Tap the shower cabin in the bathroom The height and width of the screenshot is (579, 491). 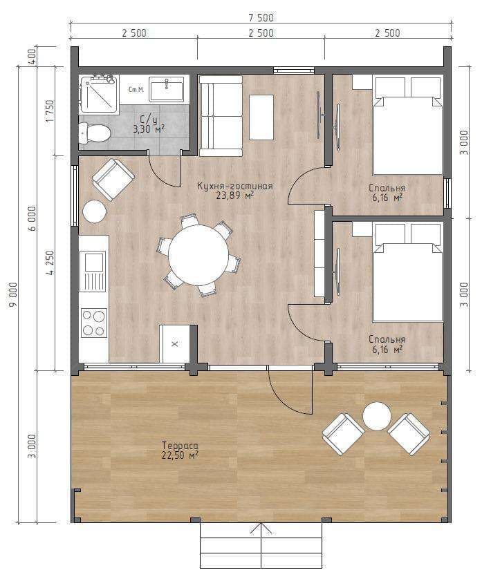(x=98, y=94)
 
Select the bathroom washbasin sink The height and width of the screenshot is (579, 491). (x=167, y=89)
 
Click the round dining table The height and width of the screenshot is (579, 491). (x=198, y=255)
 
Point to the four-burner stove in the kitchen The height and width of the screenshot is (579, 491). (x=94, y=323)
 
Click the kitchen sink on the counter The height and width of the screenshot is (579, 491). (x=93, y=271)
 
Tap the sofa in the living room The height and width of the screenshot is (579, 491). (x=221, y=116)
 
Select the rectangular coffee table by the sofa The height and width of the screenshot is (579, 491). (x=261, y=117)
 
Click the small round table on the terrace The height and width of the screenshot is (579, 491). (x=377, y=416)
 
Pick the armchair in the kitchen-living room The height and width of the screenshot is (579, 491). (x=113, y=180)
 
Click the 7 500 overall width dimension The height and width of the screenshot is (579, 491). (x=261, y=17)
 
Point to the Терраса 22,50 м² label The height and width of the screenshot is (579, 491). (x=180, y=450)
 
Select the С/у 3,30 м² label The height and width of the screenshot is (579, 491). (x=149, y=124)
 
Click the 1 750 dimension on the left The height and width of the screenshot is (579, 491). (x=50, y=111)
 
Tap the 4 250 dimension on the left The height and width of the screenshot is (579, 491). (x=50, y=263)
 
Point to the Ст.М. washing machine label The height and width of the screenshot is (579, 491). (x=136, y=90)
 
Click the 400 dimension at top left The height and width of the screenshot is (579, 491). (x=33, y=57)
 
